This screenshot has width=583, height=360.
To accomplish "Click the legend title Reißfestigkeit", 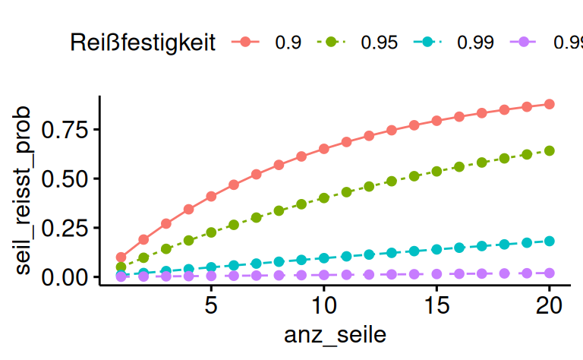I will pos(143,42).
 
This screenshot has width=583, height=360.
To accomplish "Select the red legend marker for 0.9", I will pos(244,42).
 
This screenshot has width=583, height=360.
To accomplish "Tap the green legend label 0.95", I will pos(379,43).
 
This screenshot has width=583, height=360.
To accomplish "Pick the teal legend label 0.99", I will pos(475,43).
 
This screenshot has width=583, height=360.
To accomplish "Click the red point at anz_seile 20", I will pos(549,104).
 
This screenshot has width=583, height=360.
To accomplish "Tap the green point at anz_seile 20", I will pos(549,150).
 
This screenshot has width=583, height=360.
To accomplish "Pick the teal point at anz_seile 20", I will pos(549,241).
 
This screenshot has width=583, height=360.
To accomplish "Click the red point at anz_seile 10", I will pos(324,149).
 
